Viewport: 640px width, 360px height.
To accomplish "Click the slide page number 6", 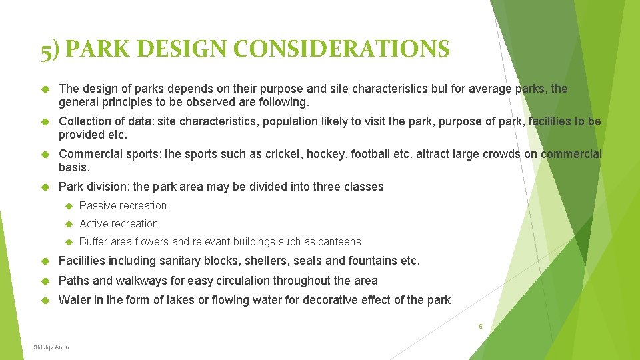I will click(480, 327).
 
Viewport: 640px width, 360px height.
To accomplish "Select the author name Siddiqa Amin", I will click(51, 347).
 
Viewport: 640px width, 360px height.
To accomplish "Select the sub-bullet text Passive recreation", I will click(123, 205).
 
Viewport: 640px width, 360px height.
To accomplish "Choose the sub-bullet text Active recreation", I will click(119, 223).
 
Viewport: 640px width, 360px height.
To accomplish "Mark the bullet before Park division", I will click(46, 187).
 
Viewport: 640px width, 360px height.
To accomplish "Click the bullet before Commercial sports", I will click(46, 155).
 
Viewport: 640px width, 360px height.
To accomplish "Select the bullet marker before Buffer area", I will click(67, 242).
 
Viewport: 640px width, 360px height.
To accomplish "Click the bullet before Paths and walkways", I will click(46, 281).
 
